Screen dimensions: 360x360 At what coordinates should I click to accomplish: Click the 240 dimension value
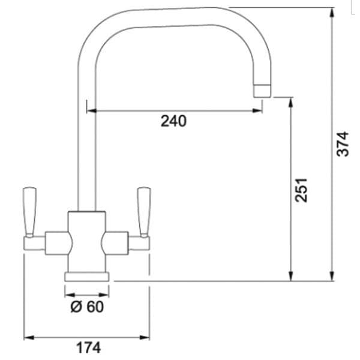point(173,121)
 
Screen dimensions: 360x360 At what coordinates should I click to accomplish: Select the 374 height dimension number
point(343,144)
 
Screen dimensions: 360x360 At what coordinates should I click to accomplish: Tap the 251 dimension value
point(301,190)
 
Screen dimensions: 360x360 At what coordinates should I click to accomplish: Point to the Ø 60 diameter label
point(87,307)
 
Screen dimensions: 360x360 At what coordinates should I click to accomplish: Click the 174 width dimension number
point(88,348)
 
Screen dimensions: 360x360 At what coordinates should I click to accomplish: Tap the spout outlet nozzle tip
point(262,91)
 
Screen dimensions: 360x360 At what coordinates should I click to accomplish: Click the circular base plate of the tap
point(87,277)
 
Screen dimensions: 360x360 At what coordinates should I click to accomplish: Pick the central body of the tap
point(87,242)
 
